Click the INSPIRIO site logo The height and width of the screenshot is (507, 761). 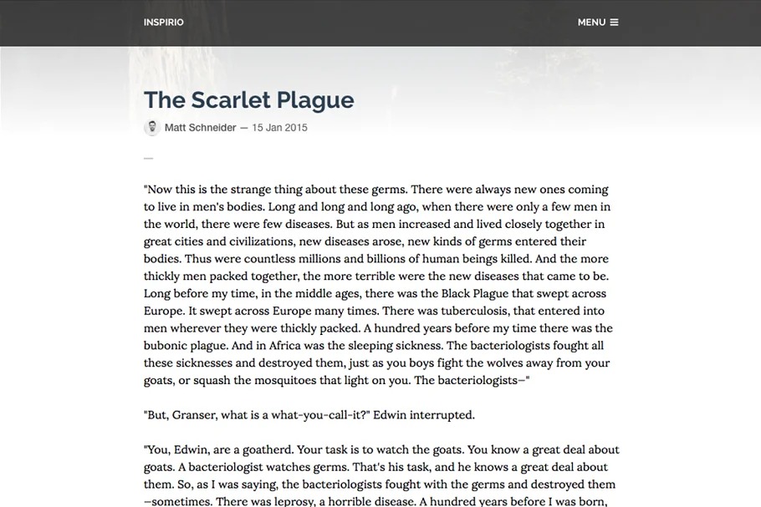[163, 23]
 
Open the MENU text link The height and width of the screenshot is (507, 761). [591, 23]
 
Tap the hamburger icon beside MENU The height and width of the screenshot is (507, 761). [614, 23]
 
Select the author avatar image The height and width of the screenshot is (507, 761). [152, 128]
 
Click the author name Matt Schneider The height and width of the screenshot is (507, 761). [200, 128]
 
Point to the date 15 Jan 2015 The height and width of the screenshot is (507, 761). [279, 128]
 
